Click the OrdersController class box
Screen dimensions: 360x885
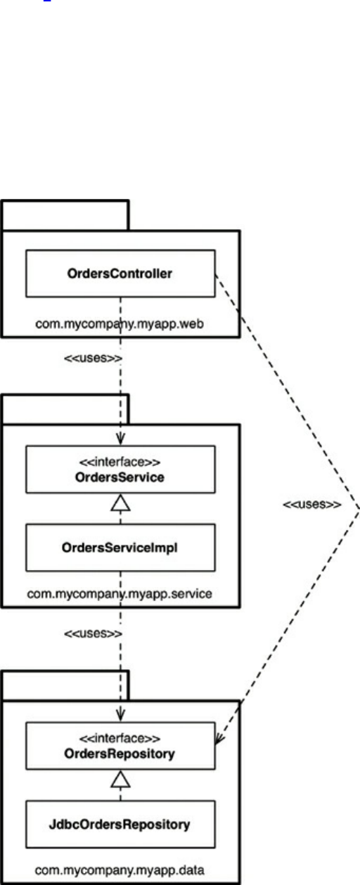click(120, 273)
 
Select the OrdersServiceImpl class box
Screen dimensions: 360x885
click(120, 548)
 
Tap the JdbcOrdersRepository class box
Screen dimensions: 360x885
click(120, 824)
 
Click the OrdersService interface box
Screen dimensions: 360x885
click(120, 470)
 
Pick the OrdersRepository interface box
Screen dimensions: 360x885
click(120, 746)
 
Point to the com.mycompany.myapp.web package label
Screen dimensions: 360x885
click(120, 324)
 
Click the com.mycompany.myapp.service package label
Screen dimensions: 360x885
click(120, 594)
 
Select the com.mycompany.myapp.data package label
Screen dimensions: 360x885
click(120, 870)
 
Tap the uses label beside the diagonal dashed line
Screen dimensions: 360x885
click(311, 504)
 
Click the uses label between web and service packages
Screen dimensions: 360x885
click(93, 358)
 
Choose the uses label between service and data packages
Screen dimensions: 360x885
click(93, 634)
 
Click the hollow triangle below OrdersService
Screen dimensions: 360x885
click(120, 503)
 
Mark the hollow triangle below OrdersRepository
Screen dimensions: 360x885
click(120, 779)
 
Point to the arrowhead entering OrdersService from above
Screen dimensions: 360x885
click(120, 439)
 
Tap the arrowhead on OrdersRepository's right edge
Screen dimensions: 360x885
click(219, 738)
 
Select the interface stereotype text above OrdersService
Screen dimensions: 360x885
click(120, 462)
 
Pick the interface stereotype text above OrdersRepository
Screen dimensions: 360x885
click(120, 738)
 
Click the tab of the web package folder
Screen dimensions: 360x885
click(65, 215)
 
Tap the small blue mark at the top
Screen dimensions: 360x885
click(47, 1)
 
